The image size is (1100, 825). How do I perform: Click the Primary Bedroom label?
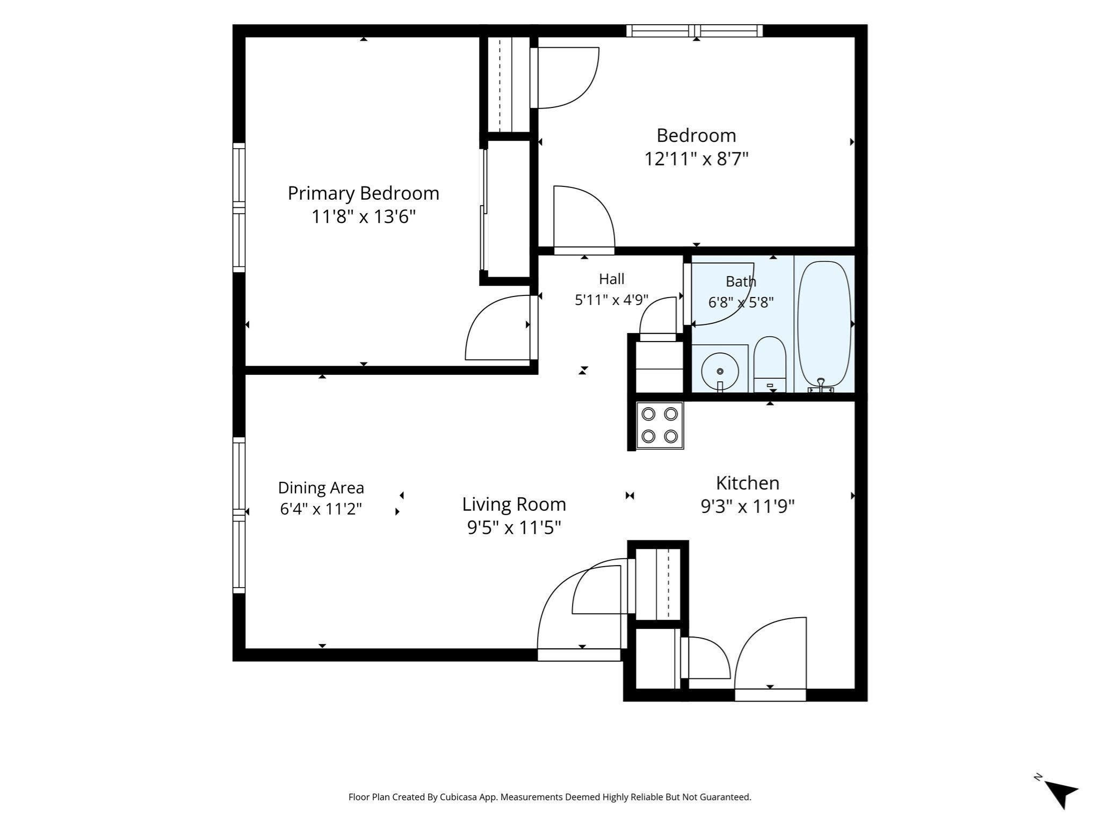364,193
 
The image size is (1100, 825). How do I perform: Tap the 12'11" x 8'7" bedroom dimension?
696,159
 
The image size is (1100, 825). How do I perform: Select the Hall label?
612,279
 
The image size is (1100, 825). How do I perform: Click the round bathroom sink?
720,371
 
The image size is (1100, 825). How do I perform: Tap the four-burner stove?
660,425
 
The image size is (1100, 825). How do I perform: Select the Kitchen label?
747,483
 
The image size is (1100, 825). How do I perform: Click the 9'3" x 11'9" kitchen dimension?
747,506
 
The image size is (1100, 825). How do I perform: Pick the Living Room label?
514,504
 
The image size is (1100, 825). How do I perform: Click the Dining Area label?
321,488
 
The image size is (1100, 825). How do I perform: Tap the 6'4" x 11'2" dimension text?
321,509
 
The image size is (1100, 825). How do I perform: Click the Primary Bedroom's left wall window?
238,208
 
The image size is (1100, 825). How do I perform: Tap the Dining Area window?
238,515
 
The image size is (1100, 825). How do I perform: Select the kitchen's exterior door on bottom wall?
770,660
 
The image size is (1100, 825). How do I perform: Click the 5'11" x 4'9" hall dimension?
612,300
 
